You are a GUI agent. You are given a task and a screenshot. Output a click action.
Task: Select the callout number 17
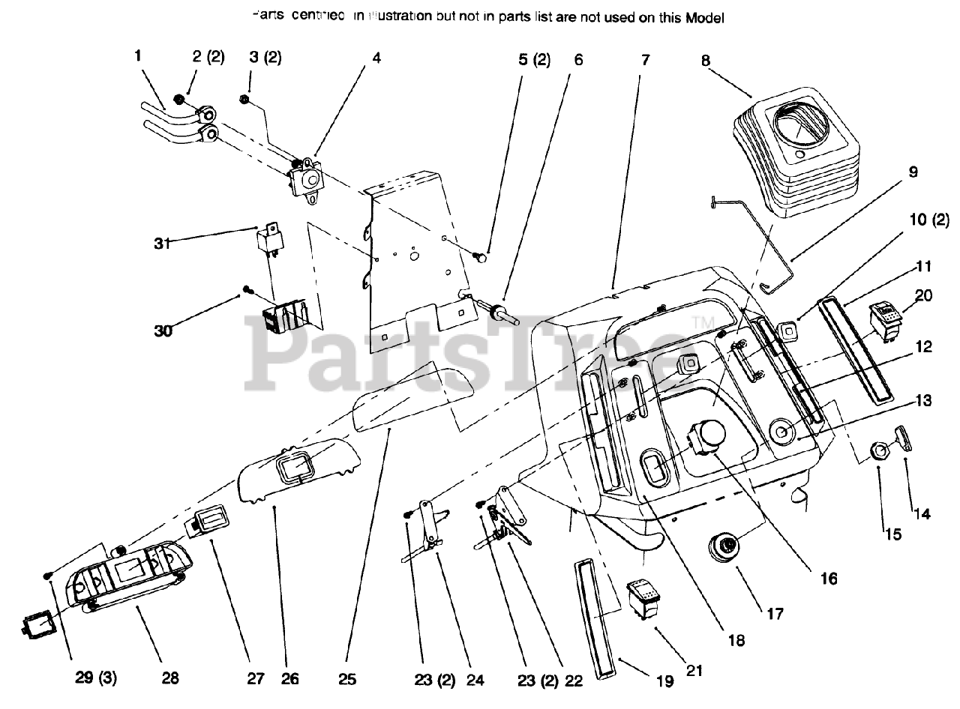775,614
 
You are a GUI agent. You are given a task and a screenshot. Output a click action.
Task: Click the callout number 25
346,679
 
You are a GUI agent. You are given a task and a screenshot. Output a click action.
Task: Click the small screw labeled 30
247,290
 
